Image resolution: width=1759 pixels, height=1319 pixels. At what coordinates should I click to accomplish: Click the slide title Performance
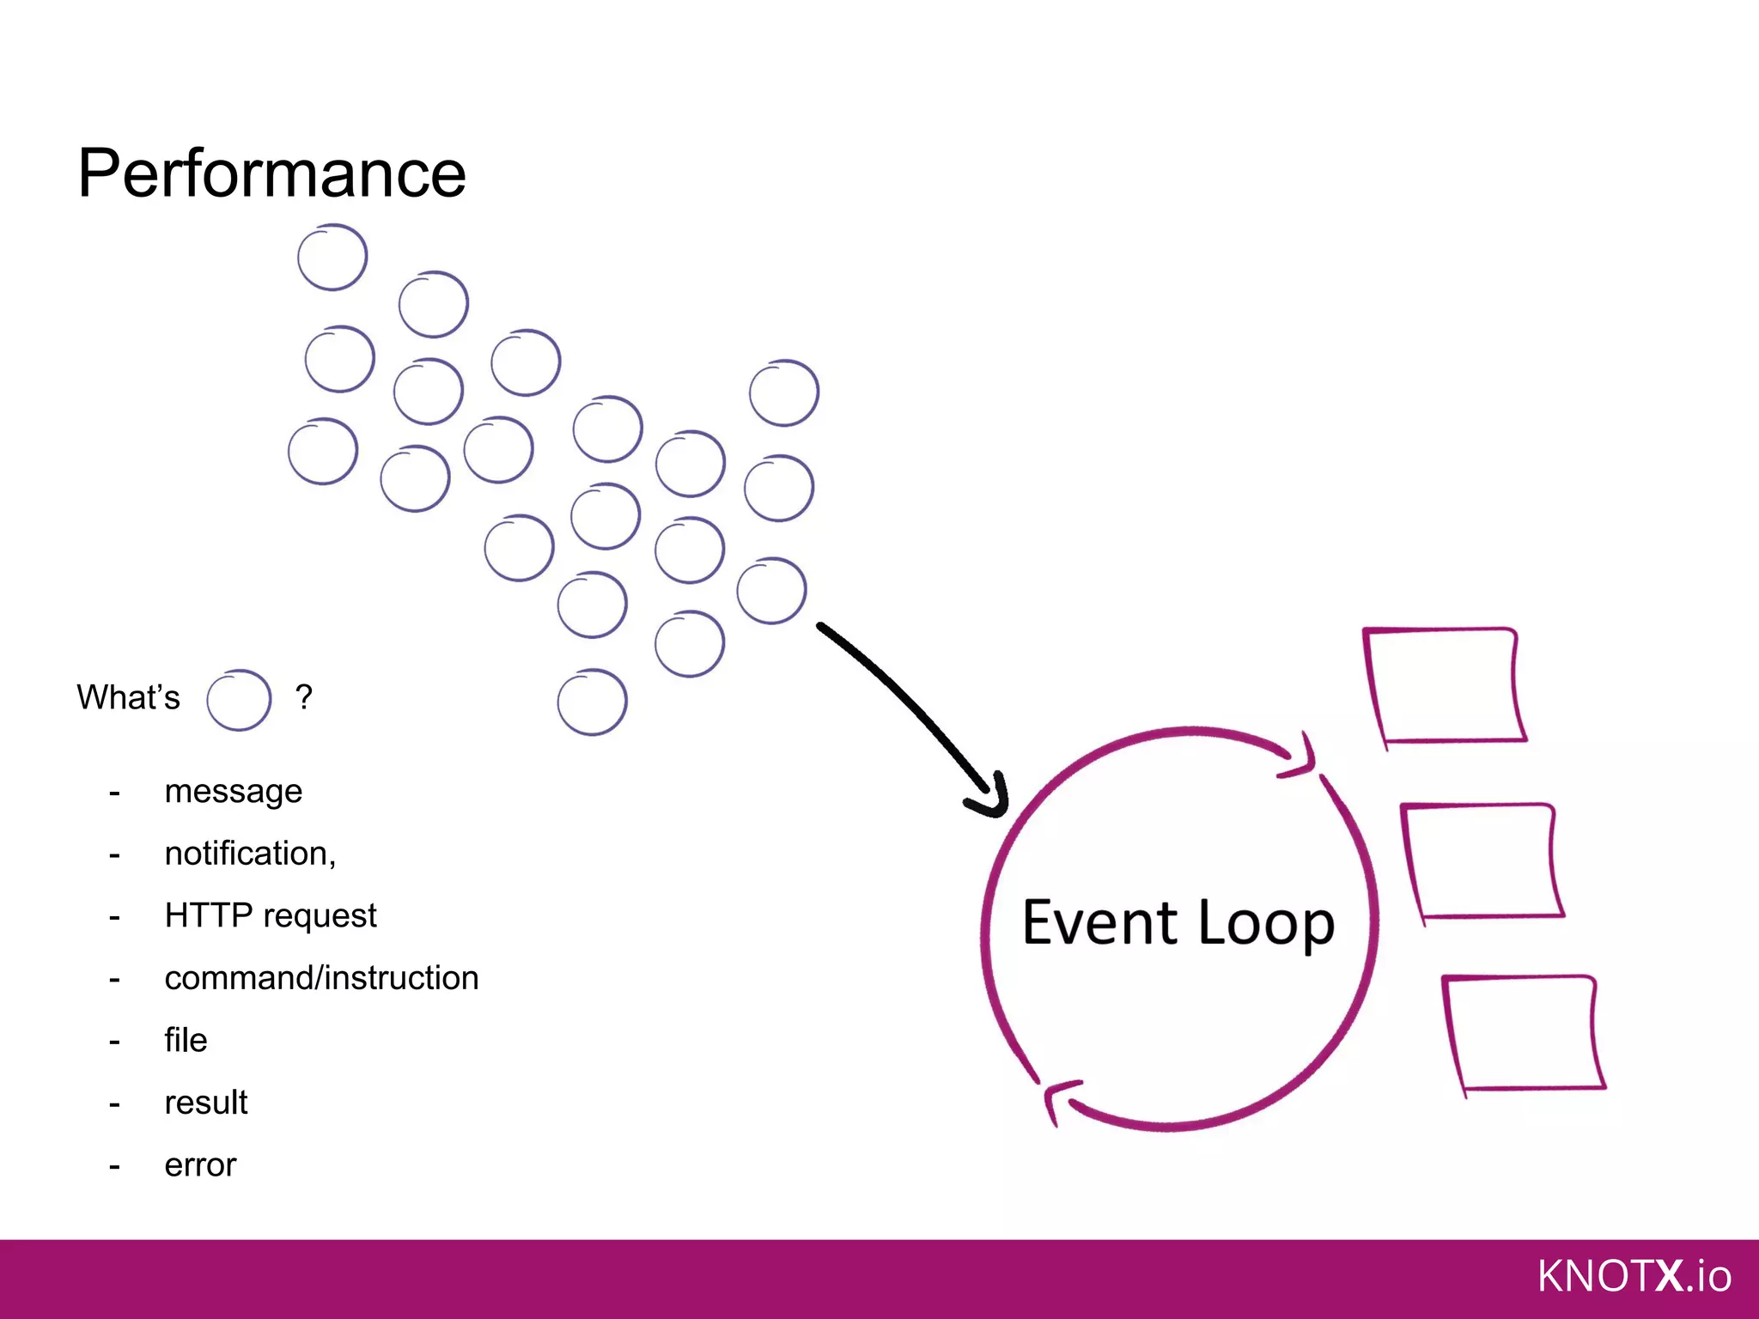click(271, 174)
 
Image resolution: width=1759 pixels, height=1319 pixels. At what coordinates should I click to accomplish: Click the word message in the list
click(233, 792)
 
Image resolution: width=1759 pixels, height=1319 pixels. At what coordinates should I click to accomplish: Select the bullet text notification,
click(250, 854)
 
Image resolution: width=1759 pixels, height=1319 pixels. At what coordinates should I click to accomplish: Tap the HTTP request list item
click(270, 915)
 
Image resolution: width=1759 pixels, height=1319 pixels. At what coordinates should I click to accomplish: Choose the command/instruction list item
click(321, 978)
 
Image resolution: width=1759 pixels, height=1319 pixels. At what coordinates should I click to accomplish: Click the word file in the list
click(186, 1040)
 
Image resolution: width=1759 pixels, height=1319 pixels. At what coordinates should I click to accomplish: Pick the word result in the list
click(205, 1103)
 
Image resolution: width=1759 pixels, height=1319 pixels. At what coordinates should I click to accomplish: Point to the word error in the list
click(200, 1165)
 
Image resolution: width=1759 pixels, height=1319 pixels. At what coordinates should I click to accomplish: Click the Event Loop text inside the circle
click(1178, 923)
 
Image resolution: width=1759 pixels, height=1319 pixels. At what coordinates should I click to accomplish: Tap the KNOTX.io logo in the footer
click(1634, 1276)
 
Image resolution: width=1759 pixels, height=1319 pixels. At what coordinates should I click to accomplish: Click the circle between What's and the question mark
click(239, 700)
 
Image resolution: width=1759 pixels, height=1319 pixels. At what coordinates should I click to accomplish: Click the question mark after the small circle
click(303, 696)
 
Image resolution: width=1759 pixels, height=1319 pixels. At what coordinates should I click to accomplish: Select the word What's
click(128, 697)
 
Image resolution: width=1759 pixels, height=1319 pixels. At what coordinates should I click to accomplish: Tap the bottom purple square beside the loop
click(1523, 1034)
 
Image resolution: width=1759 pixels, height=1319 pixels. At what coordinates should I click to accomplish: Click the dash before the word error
click(114, 1166)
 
